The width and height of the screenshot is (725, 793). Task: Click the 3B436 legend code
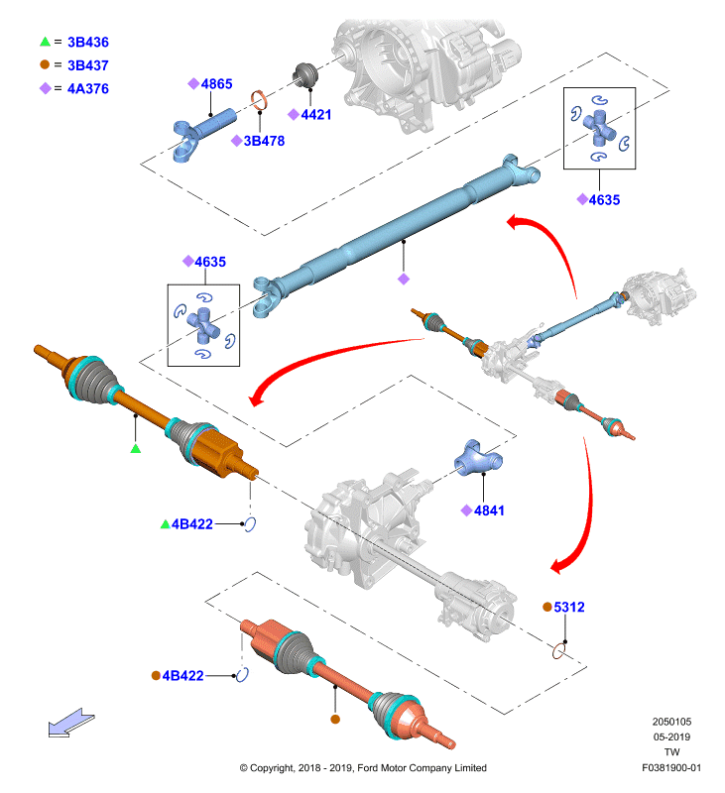[88, 42]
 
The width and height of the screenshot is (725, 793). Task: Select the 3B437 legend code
[88, 65]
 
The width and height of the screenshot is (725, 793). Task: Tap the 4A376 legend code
[88, 88]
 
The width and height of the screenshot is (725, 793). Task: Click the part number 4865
[216, 84]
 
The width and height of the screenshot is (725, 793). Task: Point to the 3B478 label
[264, 141]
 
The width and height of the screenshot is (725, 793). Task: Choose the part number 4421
[316, 115]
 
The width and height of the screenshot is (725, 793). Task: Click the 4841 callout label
[489, 510]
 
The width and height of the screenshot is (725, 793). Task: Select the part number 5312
[569, 607]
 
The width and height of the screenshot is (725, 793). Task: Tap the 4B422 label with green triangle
[192, 524]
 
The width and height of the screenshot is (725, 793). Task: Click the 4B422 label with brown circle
[182, 676]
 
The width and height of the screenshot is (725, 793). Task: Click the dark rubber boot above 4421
[306, 76]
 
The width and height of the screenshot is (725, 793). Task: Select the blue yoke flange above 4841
[477, 458]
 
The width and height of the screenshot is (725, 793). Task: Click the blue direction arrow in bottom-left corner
[71, 723]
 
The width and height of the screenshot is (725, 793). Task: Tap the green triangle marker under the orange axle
[135, 448]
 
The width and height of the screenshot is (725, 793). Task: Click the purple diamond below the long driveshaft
[404, 279]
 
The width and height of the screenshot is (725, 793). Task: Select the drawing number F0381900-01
[671, 767]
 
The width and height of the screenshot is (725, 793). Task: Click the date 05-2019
[671, 736]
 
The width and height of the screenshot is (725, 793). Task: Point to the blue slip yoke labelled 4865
[202, 134]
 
